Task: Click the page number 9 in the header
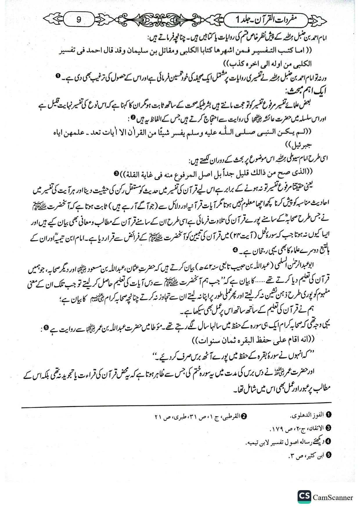(79, 20)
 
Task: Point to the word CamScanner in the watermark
(333, 497)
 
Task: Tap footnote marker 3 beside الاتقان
(329, 428)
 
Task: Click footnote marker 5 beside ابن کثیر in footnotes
(329, 455)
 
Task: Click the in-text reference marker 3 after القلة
(116, 173)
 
